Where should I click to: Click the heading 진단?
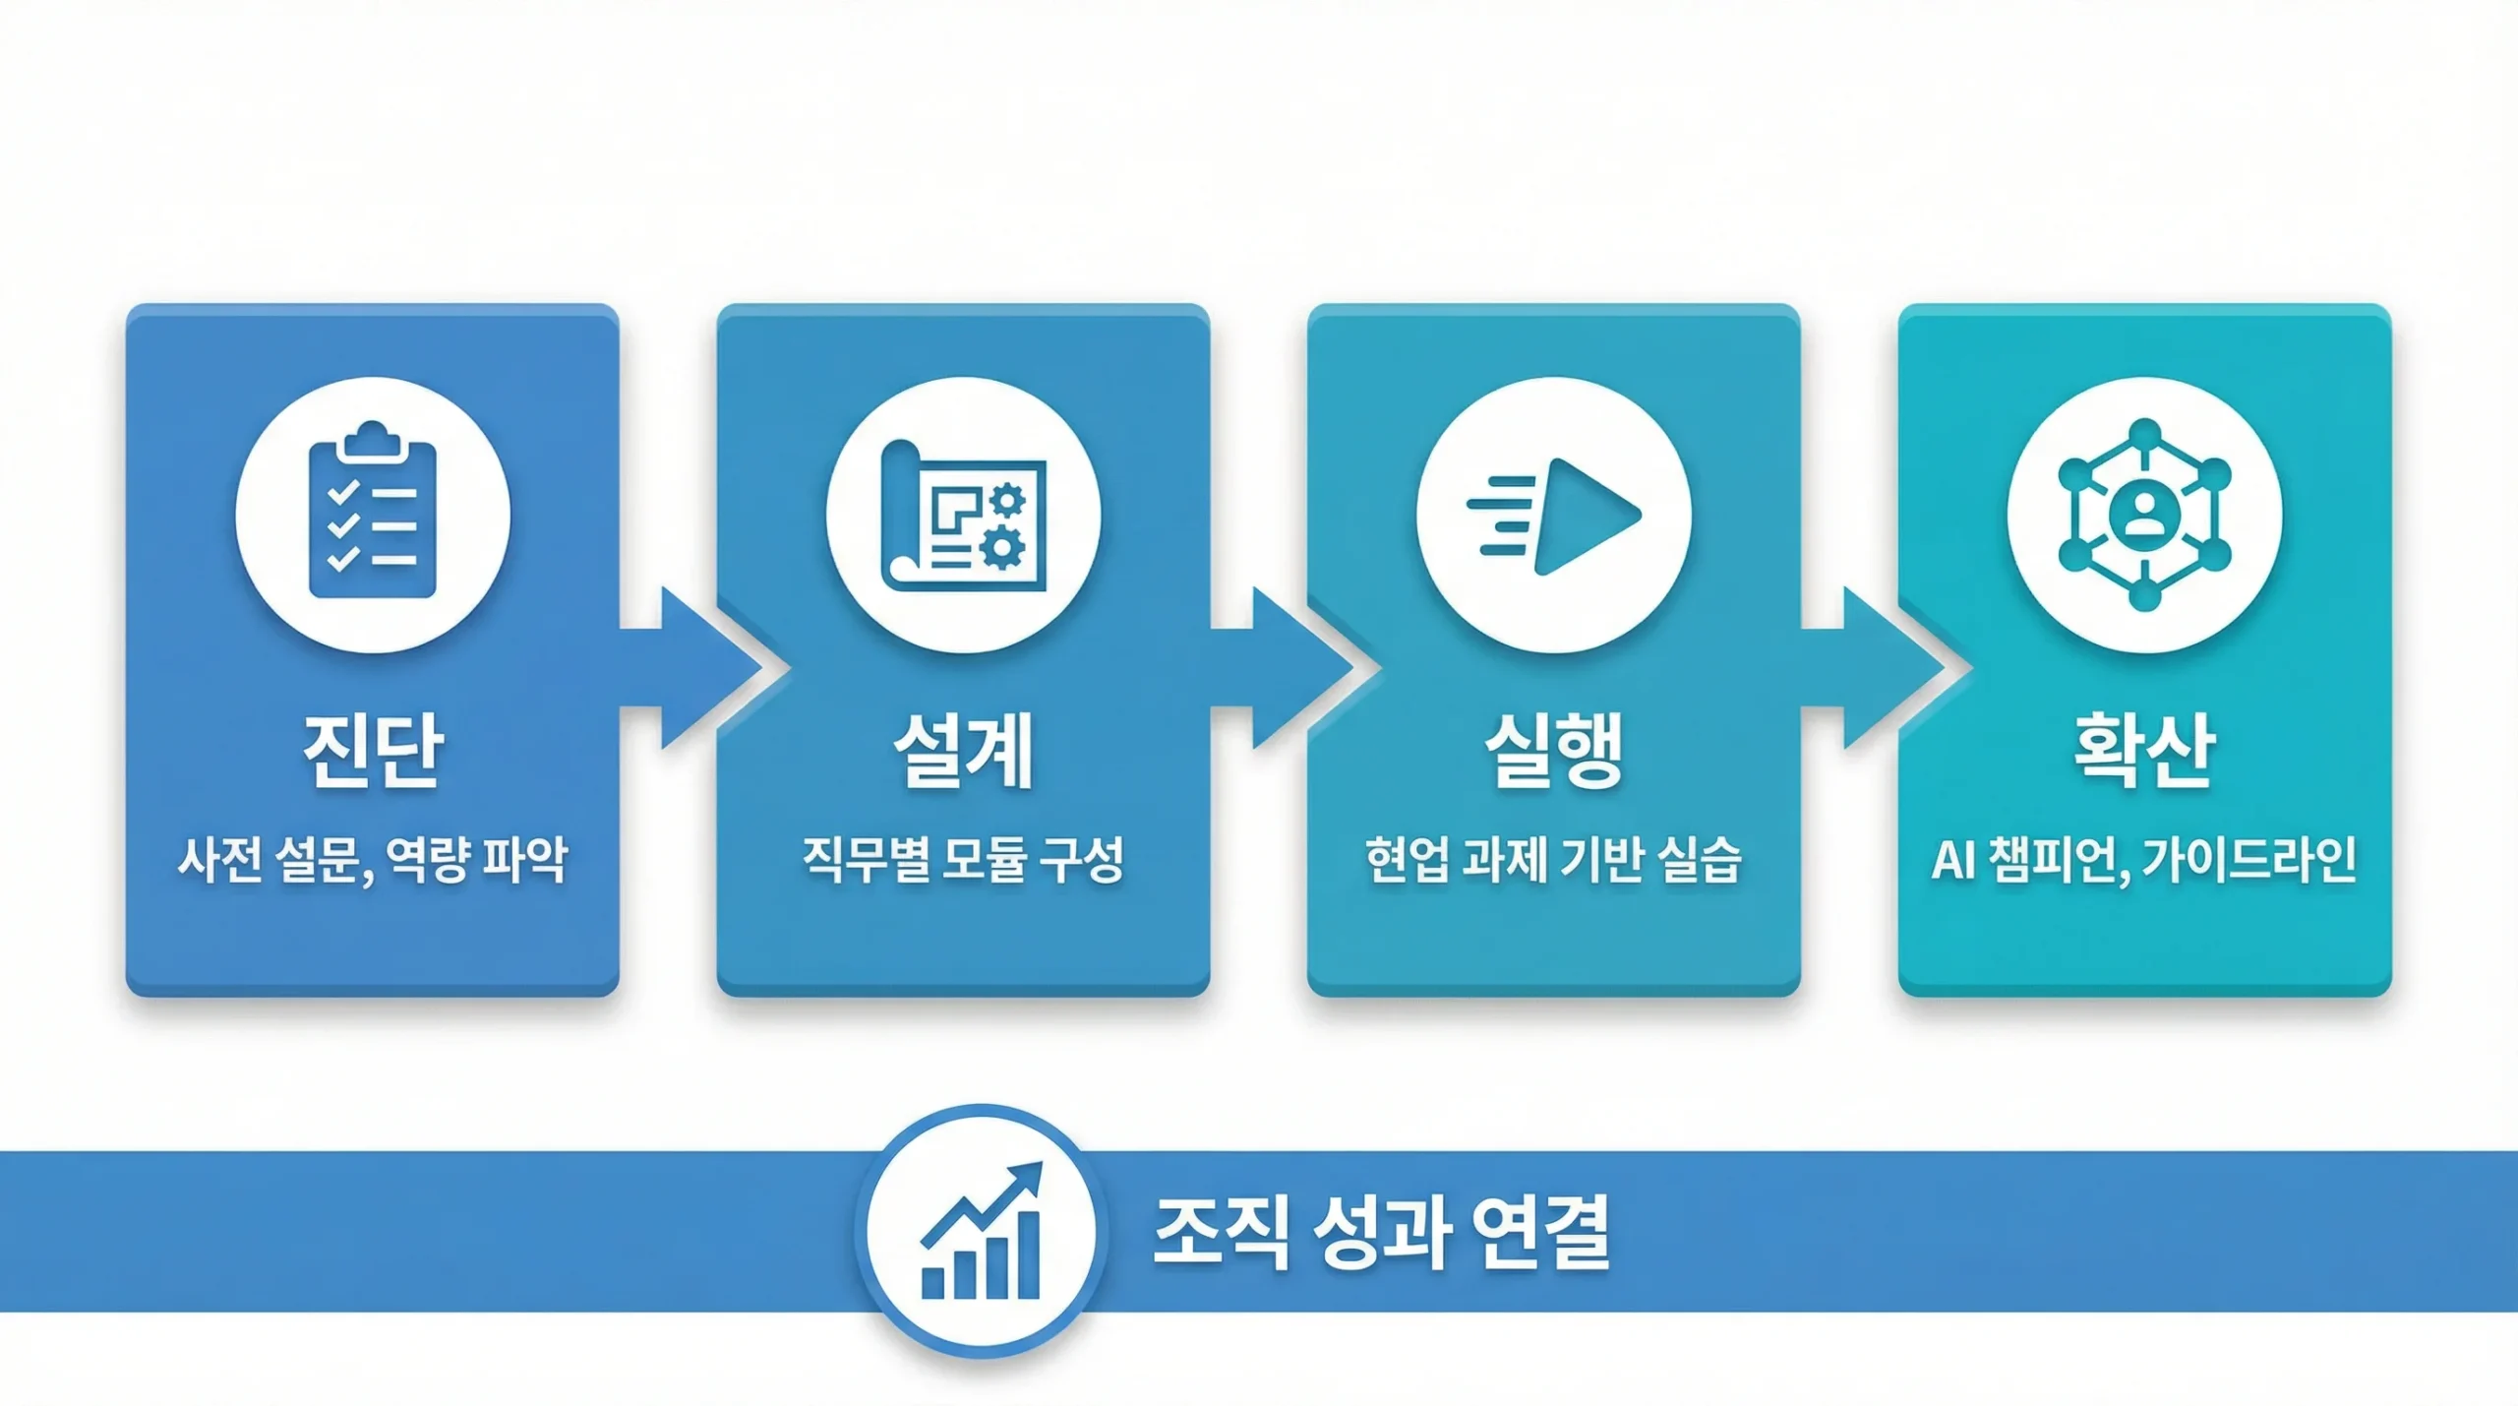coord(373,750)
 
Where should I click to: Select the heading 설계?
coord(963,750)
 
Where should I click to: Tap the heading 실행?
coord(1553,750)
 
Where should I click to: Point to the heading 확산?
coord(2144,750)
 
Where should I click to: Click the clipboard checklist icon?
coord(373,514)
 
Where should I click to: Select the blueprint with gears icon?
coord(963,514)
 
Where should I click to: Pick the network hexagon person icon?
coord(2144,514)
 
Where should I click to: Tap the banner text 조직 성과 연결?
coord(1381,1232)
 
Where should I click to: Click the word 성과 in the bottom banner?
coord(1381,1232)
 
